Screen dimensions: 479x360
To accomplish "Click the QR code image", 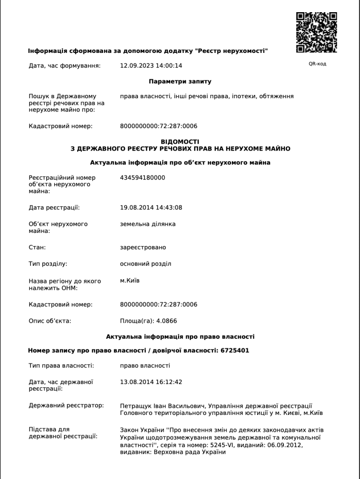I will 317,32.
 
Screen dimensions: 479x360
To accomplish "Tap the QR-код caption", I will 317,64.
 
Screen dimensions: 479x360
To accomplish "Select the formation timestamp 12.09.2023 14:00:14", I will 151,65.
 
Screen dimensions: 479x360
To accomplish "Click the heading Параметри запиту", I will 180,81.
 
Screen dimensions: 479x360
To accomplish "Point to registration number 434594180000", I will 143,178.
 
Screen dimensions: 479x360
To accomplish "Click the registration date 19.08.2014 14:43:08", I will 151,208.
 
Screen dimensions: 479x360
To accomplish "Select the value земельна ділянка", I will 148,224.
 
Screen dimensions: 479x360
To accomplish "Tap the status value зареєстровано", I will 143,247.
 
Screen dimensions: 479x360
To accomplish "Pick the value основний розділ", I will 145,264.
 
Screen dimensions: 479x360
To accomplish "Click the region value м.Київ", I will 130,281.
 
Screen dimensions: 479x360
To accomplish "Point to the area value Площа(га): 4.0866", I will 149,321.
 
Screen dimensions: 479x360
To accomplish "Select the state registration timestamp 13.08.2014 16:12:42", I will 151,382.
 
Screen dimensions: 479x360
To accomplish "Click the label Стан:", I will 37,247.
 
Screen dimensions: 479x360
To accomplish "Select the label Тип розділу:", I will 48,264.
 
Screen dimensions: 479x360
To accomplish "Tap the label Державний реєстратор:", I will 66,406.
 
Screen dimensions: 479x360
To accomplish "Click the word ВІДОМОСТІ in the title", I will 180,142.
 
